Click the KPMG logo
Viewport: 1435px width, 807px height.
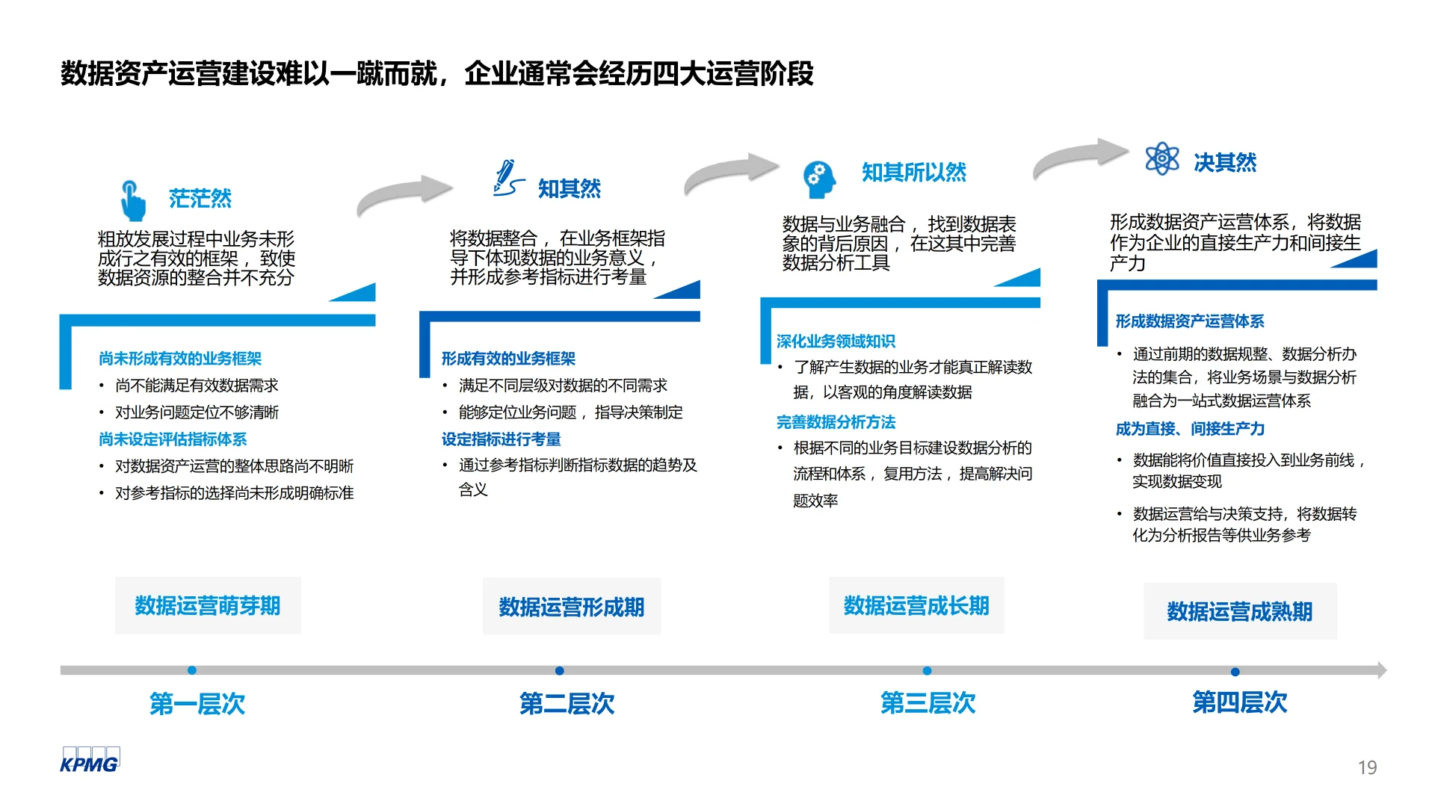click(89, 760)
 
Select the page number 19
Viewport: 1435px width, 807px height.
click(1367, 767)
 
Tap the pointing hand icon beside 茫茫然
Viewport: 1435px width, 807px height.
click(132, 200)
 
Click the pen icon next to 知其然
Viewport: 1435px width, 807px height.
click(507, 179)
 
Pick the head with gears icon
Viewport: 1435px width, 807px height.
click(818, 179)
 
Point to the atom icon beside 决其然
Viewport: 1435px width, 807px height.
click(1161, 159)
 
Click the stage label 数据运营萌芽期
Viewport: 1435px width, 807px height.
click(208, 606)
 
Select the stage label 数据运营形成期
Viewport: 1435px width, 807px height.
click(572, 607)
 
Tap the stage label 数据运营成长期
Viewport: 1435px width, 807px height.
click(916, 606)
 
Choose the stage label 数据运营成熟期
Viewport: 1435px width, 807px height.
click(1240, 612)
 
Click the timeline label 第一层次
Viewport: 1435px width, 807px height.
click(197, 703)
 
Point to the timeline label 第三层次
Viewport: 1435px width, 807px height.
click(928, 702)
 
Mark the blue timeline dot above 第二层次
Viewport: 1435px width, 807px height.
click(560, 671)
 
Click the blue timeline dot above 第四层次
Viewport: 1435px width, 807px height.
click(1235, 672)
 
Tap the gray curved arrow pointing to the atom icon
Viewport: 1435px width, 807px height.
click(1080, 155)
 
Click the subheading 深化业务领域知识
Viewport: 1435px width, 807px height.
click(836, 341)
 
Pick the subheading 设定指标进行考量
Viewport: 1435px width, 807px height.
click(501, 439)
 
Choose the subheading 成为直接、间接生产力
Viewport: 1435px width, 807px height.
click(1190, 429)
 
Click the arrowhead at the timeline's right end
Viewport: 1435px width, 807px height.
click(1381, 670)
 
